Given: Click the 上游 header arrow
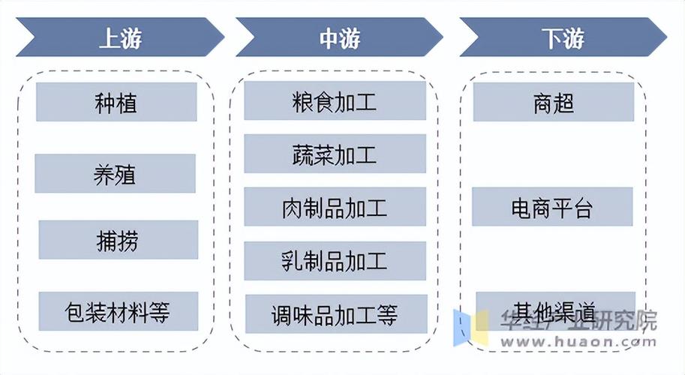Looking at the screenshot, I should tap(120, 37).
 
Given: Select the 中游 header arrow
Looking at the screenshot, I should tap(339, 37).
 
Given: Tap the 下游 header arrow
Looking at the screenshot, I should tap(563, 37).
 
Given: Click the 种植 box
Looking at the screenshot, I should tap(116, 102).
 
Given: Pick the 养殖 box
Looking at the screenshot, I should tap(115, 174).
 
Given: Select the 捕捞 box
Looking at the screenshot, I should tap(118, 240).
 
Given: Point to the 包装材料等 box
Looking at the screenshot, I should tap(118, 310).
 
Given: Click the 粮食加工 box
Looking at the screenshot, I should tap(335, 102).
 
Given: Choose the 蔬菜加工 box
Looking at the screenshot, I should tap(335, 154).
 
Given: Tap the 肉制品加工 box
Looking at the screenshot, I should tap(335, 207).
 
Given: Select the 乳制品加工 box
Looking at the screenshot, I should tap(335, 260).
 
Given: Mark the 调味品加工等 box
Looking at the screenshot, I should tap(335, 313).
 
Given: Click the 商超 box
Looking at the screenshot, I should tap(554, 102).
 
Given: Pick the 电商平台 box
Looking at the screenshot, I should tap(552, 207).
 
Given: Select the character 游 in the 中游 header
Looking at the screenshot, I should tap(350, 37).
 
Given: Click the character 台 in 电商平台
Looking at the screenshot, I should tap(583, 208).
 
